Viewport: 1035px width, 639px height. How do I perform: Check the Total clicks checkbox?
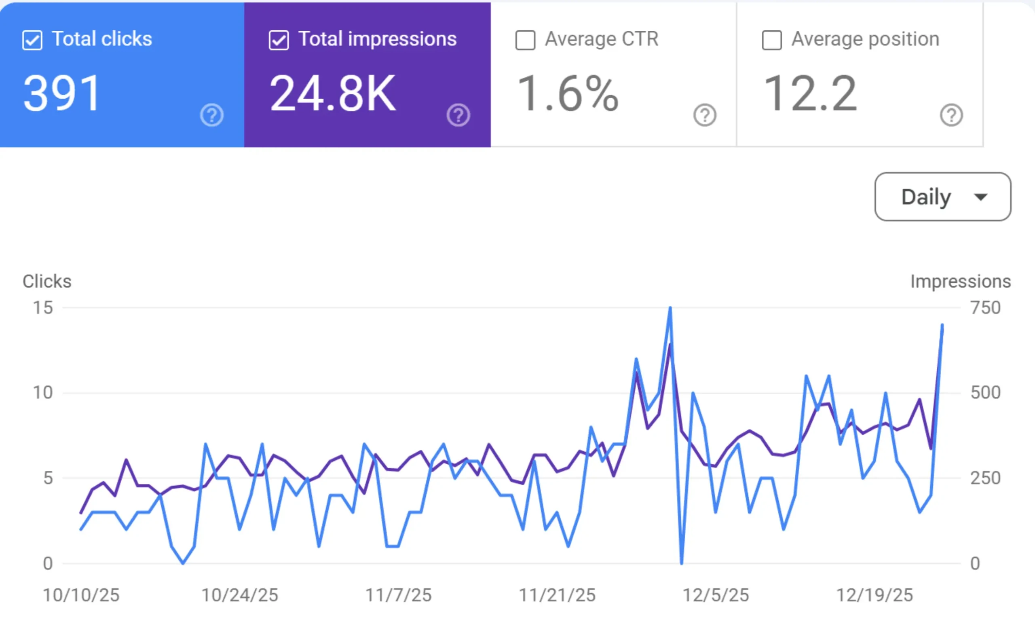point(32,40)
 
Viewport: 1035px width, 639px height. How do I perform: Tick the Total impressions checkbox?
point(279,40)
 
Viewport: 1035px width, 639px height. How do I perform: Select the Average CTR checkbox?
point(526,40)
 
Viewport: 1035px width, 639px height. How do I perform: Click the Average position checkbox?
point(772,40)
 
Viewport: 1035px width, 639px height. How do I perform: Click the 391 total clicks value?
point(62,93)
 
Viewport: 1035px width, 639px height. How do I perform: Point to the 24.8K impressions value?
point(333,93)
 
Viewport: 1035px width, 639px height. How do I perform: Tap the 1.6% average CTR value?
point(567,93)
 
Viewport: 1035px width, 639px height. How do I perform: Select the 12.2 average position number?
point(810,93)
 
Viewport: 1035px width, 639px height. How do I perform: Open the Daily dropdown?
point(943,197)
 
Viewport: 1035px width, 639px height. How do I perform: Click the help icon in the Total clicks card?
point(211,115)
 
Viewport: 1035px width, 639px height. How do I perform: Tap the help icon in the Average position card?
point(951,115)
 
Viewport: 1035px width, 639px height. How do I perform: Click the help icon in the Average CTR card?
point(705,115)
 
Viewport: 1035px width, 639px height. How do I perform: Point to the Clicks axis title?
point(47,281)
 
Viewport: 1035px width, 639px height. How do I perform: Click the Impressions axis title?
point(961,281)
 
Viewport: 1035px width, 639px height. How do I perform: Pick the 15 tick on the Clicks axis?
point(43,308)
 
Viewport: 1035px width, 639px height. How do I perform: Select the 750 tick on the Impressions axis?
point(986,308)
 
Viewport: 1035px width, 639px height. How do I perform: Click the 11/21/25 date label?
point(557,595)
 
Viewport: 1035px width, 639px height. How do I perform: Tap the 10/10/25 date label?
point(81,595)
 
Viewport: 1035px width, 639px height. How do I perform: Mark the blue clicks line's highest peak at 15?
point(670,308)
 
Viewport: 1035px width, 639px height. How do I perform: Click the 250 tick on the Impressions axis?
point(986,478)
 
